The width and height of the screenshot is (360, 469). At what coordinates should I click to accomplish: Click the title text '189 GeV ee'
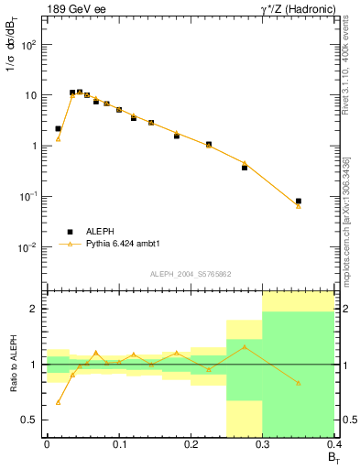click(76, 9)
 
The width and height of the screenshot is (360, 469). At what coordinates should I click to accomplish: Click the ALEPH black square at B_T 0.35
click(299, 201)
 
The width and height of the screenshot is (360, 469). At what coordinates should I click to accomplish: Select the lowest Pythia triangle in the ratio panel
click(59, 402)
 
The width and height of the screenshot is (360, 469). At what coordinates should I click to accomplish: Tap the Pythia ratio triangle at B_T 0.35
click(299, 383)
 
